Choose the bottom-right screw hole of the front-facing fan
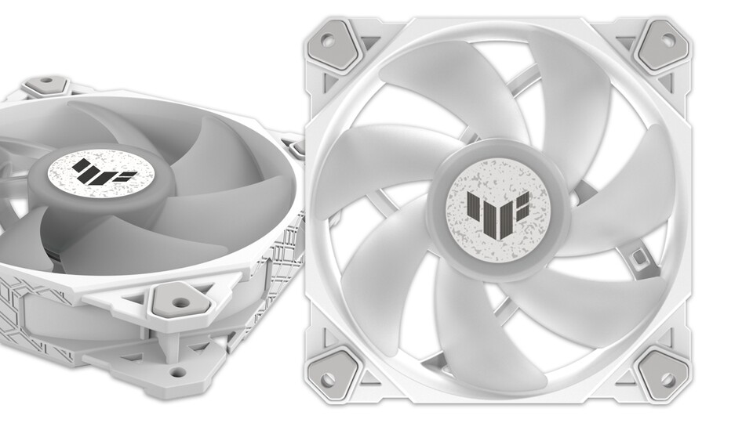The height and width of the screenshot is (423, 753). (666, 380)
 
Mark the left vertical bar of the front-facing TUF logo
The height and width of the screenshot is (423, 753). (471, 208)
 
